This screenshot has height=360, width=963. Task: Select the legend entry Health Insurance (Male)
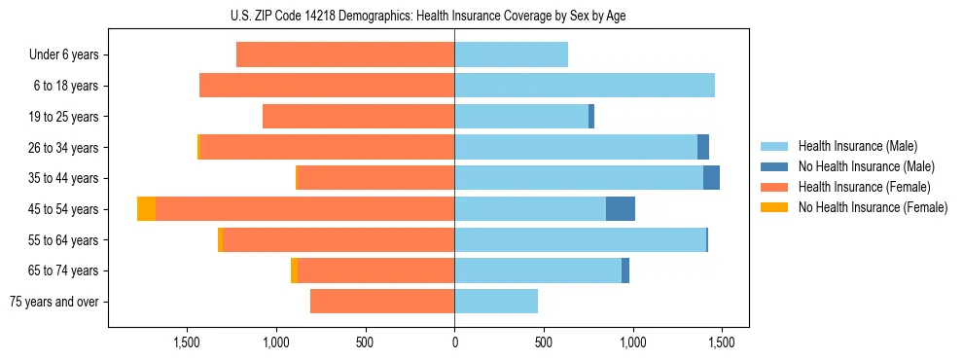click(852, 146)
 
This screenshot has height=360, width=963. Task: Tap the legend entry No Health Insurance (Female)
click(872, 207)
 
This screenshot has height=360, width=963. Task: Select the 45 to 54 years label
click(65, 209)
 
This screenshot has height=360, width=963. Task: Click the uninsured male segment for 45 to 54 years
click(621, 209)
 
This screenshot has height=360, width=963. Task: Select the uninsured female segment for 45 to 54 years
click(146, 209)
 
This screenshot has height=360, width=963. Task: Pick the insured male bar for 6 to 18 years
click(584, 86)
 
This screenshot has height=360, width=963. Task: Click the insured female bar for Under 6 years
click(345, 55)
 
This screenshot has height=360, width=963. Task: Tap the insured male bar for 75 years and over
click(496, 302)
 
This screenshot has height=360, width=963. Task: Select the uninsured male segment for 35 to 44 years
click(711, 178)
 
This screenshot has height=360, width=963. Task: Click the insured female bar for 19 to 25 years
click(358, 117)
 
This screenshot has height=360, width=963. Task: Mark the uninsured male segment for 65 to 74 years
click(625, 270)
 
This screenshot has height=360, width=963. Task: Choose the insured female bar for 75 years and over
click(382, 302)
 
